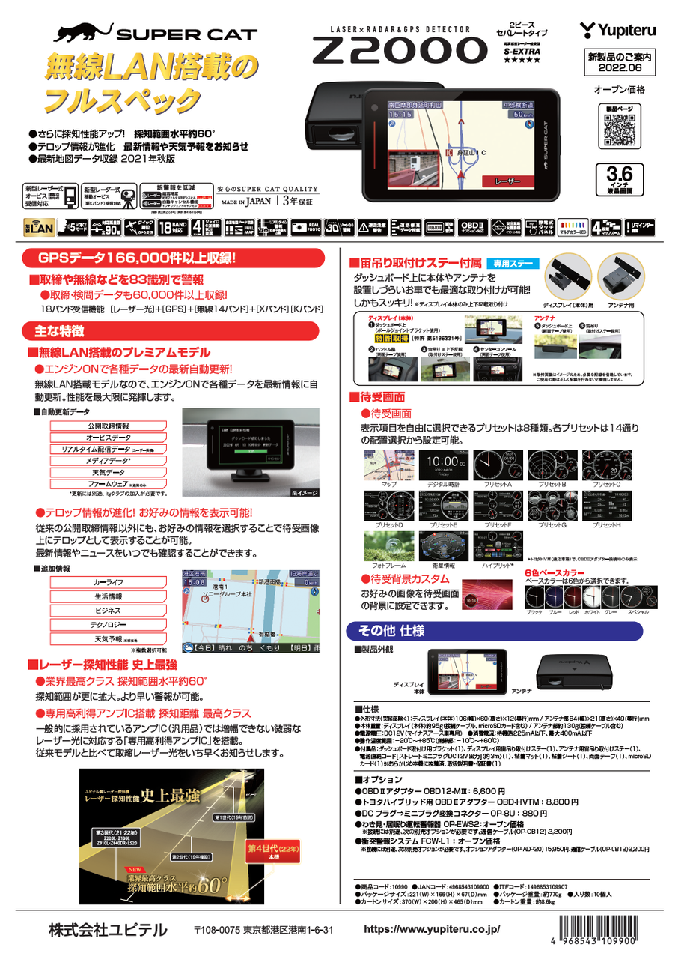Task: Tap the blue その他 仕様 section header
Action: (389, 628)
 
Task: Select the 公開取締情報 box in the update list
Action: (108, 426)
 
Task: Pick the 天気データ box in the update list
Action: (108, 473)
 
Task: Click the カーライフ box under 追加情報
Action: (108, 582)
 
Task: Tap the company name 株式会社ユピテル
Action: (109, 930)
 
